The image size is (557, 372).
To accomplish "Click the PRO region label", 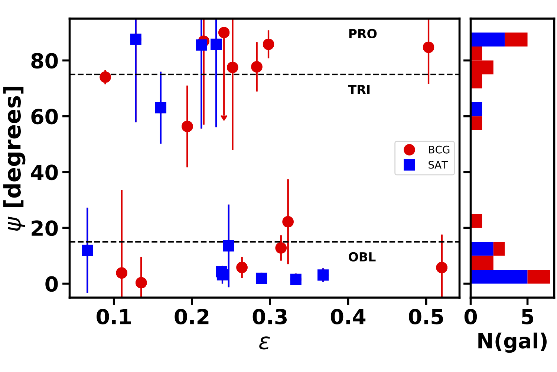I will [x=362, y=34].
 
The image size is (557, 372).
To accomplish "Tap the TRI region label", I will [x=359, y=90].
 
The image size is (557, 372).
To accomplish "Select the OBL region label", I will [x=362, y=257].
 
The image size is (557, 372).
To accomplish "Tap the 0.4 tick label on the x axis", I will [x=348, y=317].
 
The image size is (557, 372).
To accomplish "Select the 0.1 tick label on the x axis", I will [x=114, y=317].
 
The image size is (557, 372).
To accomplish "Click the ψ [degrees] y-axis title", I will [x=16, y=158].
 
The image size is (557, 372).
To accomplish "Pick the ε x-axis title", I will [x=264, y=342].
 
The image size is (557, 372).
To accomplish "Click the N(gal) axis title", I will [x=512, y=341].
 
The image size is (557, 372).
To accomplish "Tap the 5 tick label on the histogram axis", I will [x=527, y=317].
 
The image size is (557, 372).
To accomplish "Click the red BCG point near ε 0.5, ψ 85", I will [x=429, y=47].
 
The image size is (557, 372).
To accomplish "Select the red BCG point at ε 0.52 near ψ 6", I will [x=442, y=267].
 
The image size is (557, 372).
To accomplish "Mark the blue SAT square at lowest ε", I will [x=87, y=250].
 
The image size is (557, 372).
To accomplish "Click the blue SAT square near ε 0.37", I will [x=323, y=275].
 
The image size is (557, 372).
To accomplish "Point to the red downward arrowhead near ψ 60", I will [x=224, y=118].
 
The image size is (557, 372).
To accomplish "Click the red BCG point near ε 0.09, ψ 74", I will [x=105, y=77].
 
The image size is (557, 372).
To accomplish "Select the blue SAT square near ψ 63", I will [x=160, y=108].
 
